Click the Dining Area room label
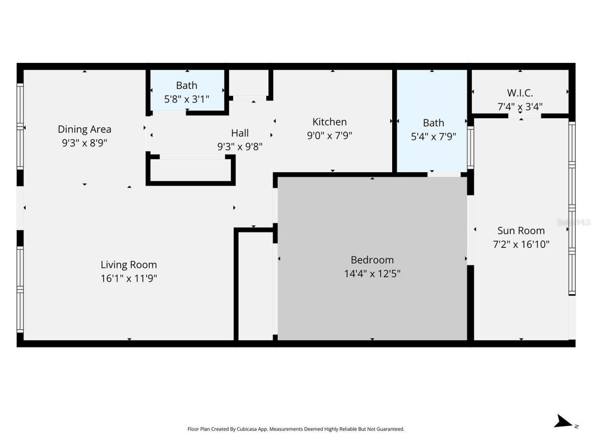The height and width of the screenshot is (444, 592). coord(84,129)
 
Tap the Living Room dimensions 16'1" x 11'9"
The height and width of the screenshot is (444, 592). coord(129,278)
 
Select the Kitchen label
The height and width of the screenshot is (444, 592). coord(329,122)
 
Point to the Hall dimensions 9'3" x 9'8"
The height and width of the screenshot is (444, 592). coord(240,147)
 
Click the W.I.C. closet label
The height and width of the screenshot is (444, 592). coord(520,92)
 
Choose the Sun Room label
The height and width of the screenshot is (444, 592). coord(521,230)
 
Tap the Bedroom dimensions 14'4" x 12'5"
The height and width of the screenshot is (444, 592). coord(372,273)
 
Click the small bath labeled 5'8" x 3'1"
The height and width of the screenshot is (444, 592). coord(186,92)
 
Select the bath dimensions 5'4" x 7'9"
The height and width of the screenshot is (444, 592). coord(433,136)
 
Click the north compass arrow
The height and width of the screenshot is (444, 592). coord(563,422)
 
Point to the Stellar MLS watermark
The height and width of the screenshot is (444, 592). coord(573,222)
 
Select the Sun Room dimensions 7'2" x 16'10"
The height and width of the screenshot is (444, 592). coord(521,244)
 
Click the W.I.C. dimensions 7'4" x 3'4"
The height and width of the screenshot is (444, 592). coord(520,106)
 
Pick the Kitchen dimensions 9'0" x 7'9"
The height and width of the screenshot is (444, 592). coord(329,136)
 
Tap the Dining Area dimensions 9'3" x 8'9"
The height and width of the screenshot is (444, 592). coord(84,143)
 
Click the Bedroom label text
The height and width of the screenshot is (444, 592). coord(372,259)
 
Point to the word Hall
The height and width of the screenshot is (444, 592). coord(240,133)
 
